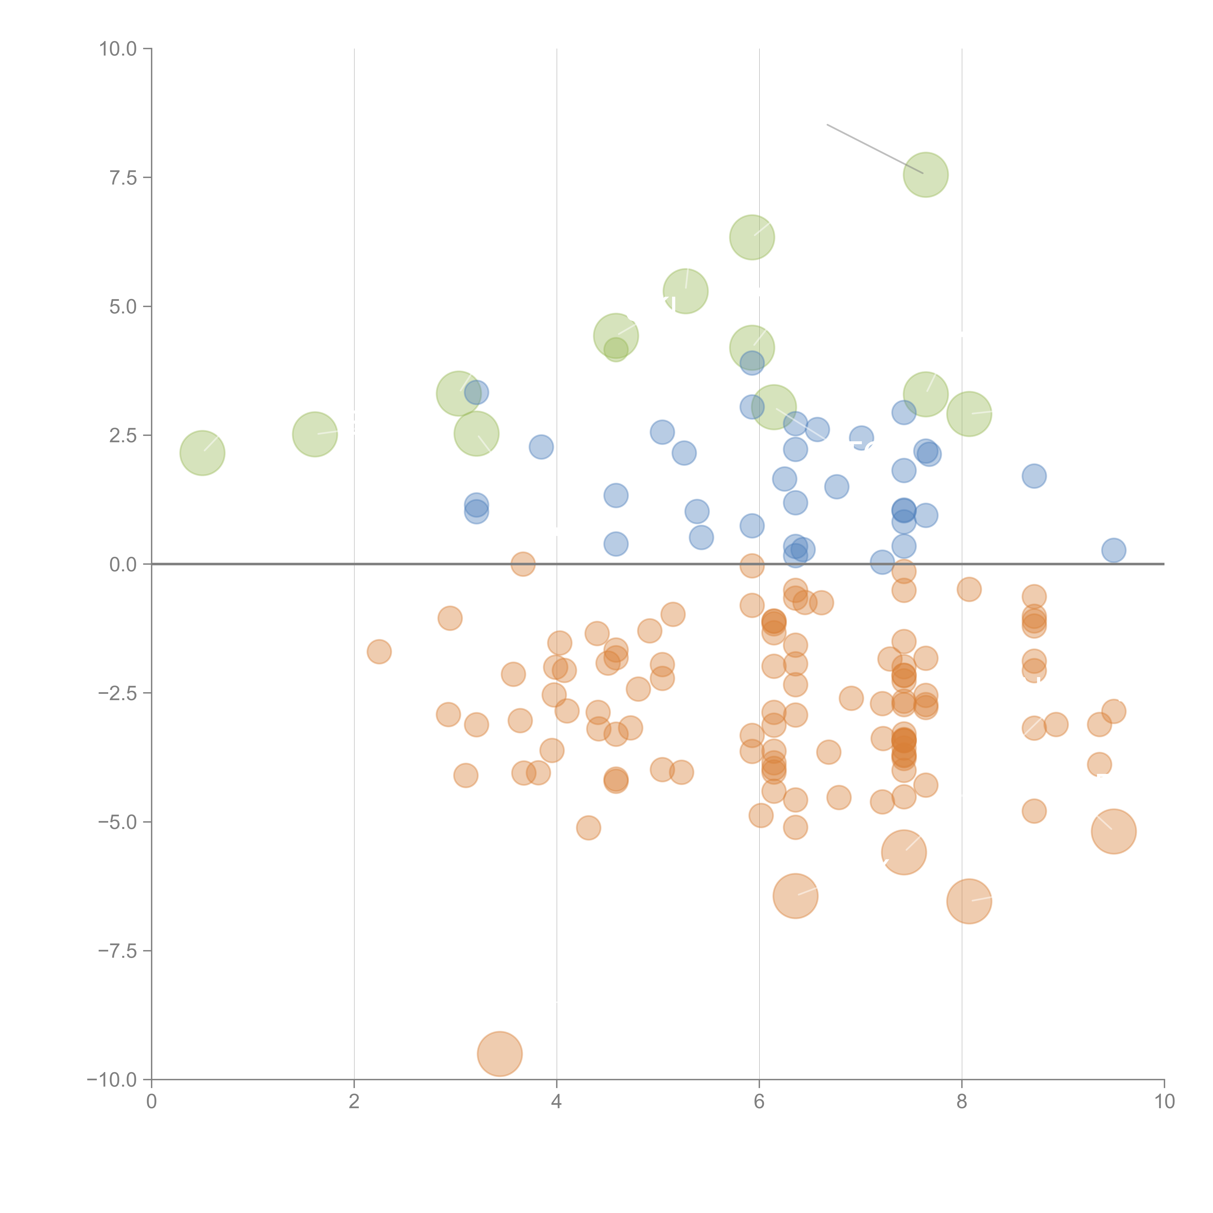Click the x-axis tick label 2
click(x=354, y=1102)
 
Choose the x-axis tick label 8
click(x=962, y=1102)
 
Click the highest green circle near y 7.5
click(x=926, y=174)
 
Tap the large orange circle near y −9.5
click(x=500, y=1054)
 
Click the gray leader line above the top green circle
click(x=875, y=149)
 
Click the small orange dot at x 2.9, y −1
click(x=450, y=618)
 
